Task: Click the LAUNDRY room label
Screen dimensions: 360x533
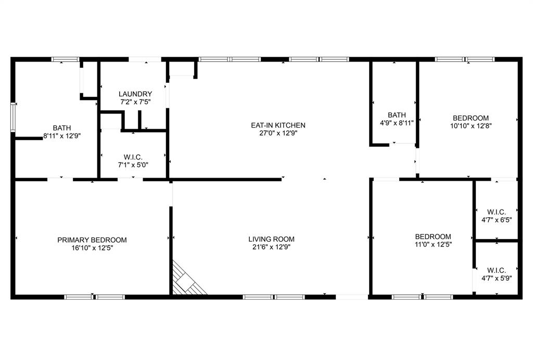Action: click(x=135, y=94)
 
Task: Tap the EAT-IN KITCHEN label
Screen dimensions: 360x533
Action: click(x=278, y=126)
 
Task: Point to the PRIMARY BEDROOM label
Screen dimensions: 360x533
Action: click(x=92, y=240)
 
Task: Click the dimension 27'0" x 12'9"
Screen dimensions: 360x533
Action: click(x=278, y=133)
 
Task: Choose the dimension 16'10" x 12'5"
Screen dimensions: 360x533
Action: click(x=92, y=248)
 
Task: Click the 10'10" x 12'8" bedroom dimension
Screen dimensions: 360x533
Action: click(x=471, y=126)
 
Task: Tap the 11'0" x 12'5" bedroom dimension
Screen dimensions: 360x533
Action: click(x=433, y=244)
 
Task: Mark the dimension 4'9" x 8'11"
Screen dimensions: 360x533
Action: click(x=397, y=123)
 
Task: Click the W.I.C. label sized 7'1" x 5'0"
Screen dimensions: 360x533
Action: click(x=134, y=157)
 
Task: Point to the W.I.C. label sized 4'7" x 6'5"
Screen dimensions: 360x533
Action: click(x=497, y=212)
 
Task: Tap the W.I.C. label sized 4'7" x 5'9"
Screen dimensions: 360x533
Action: click(x=497, y=270)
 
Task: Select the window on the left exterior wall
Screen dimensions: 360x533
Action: click(x=14, y=116)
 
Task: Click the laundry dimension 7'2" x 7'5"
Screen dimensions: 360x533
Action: click(x=135, y=102)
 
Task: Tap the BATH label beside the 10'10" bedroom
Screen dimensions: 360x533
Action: click(x=397, y=115)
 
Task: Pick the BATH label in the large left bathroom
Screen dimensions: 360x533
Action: click(x=62, y=128)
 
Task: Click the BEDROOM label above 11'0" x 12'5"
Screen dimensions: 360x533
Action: click(x=433, y=236)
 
